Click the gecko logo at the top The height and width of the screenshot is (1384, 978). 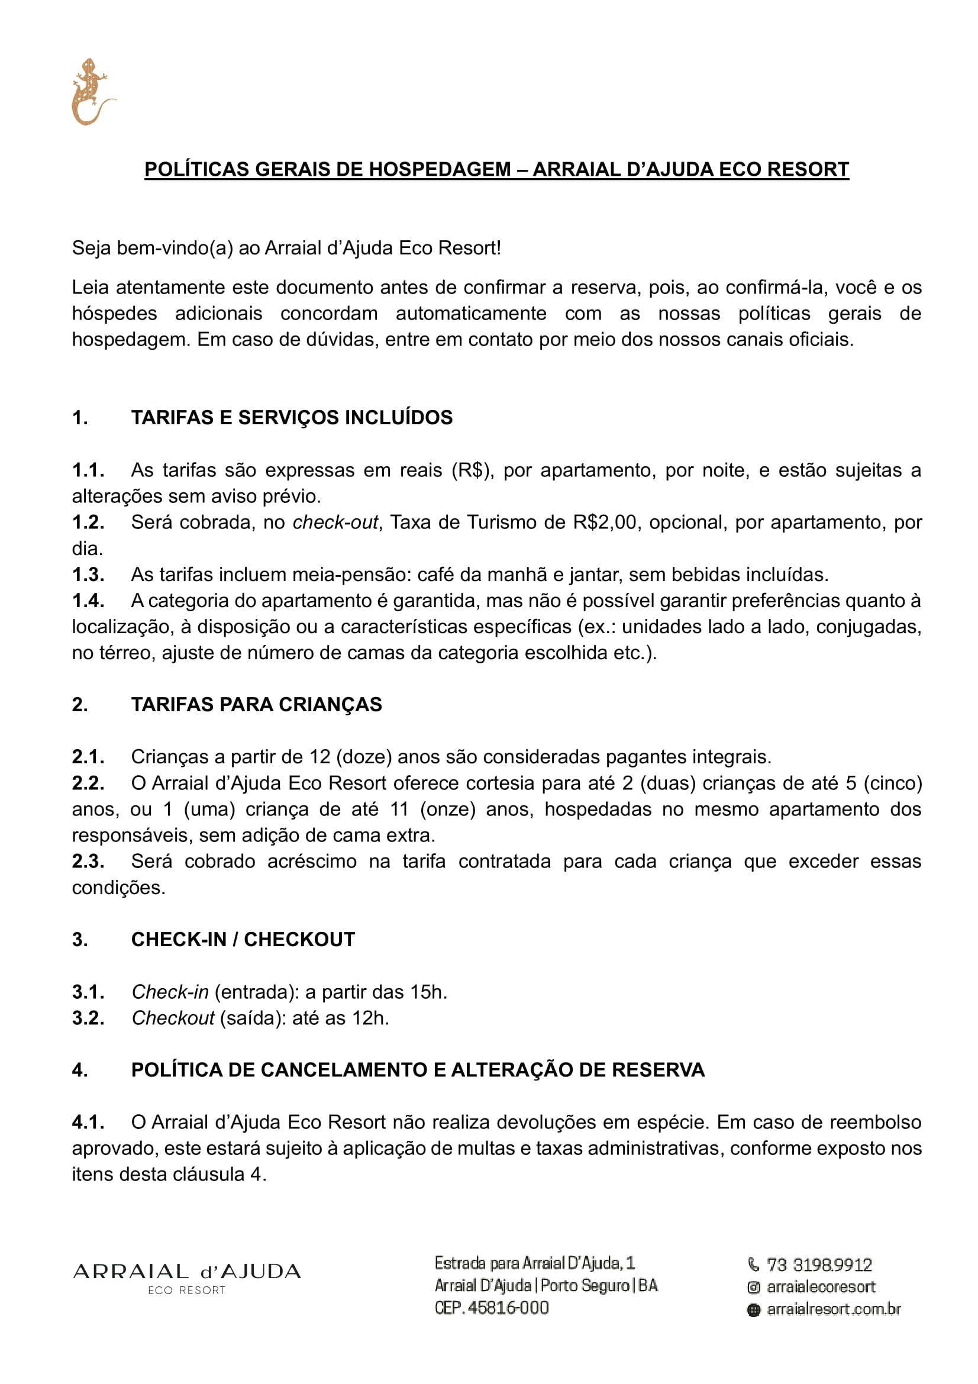(92, 92)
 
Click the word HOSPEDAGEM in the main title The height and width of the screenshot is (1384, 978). (439, 169)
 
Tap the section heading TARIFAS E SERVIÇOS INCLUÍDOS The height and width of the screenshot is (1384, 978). (292, 418)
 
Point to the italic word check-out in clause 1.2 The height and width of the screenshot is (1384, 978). (335, 522)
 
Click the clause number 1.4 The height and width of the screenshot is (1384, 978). (88, 601)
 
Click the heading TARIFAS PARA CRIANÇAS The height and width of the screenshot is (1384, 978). (256, 704)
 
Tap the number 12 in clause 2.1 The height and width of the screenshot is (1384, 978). (320, 757)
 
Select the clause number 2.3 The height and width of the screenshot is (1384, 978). (88, 862)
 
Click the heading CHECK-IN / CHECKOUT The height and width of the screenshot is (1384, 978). (243, 939)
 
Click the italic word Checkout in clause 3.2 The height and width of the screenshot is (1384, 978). (173, 1018)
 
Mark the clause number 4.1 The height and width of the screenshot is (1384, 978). (88, 1122)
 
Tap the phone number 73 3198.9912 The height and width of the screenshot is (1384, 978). (819, 1264)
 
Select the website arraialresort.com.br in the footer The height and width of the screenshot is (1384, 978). (834, 1309)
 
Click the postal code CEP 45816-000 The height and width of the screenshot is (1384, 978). (492, 1308)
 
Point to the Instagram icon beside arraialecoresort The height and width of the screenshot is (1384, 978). (753, 1288)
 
